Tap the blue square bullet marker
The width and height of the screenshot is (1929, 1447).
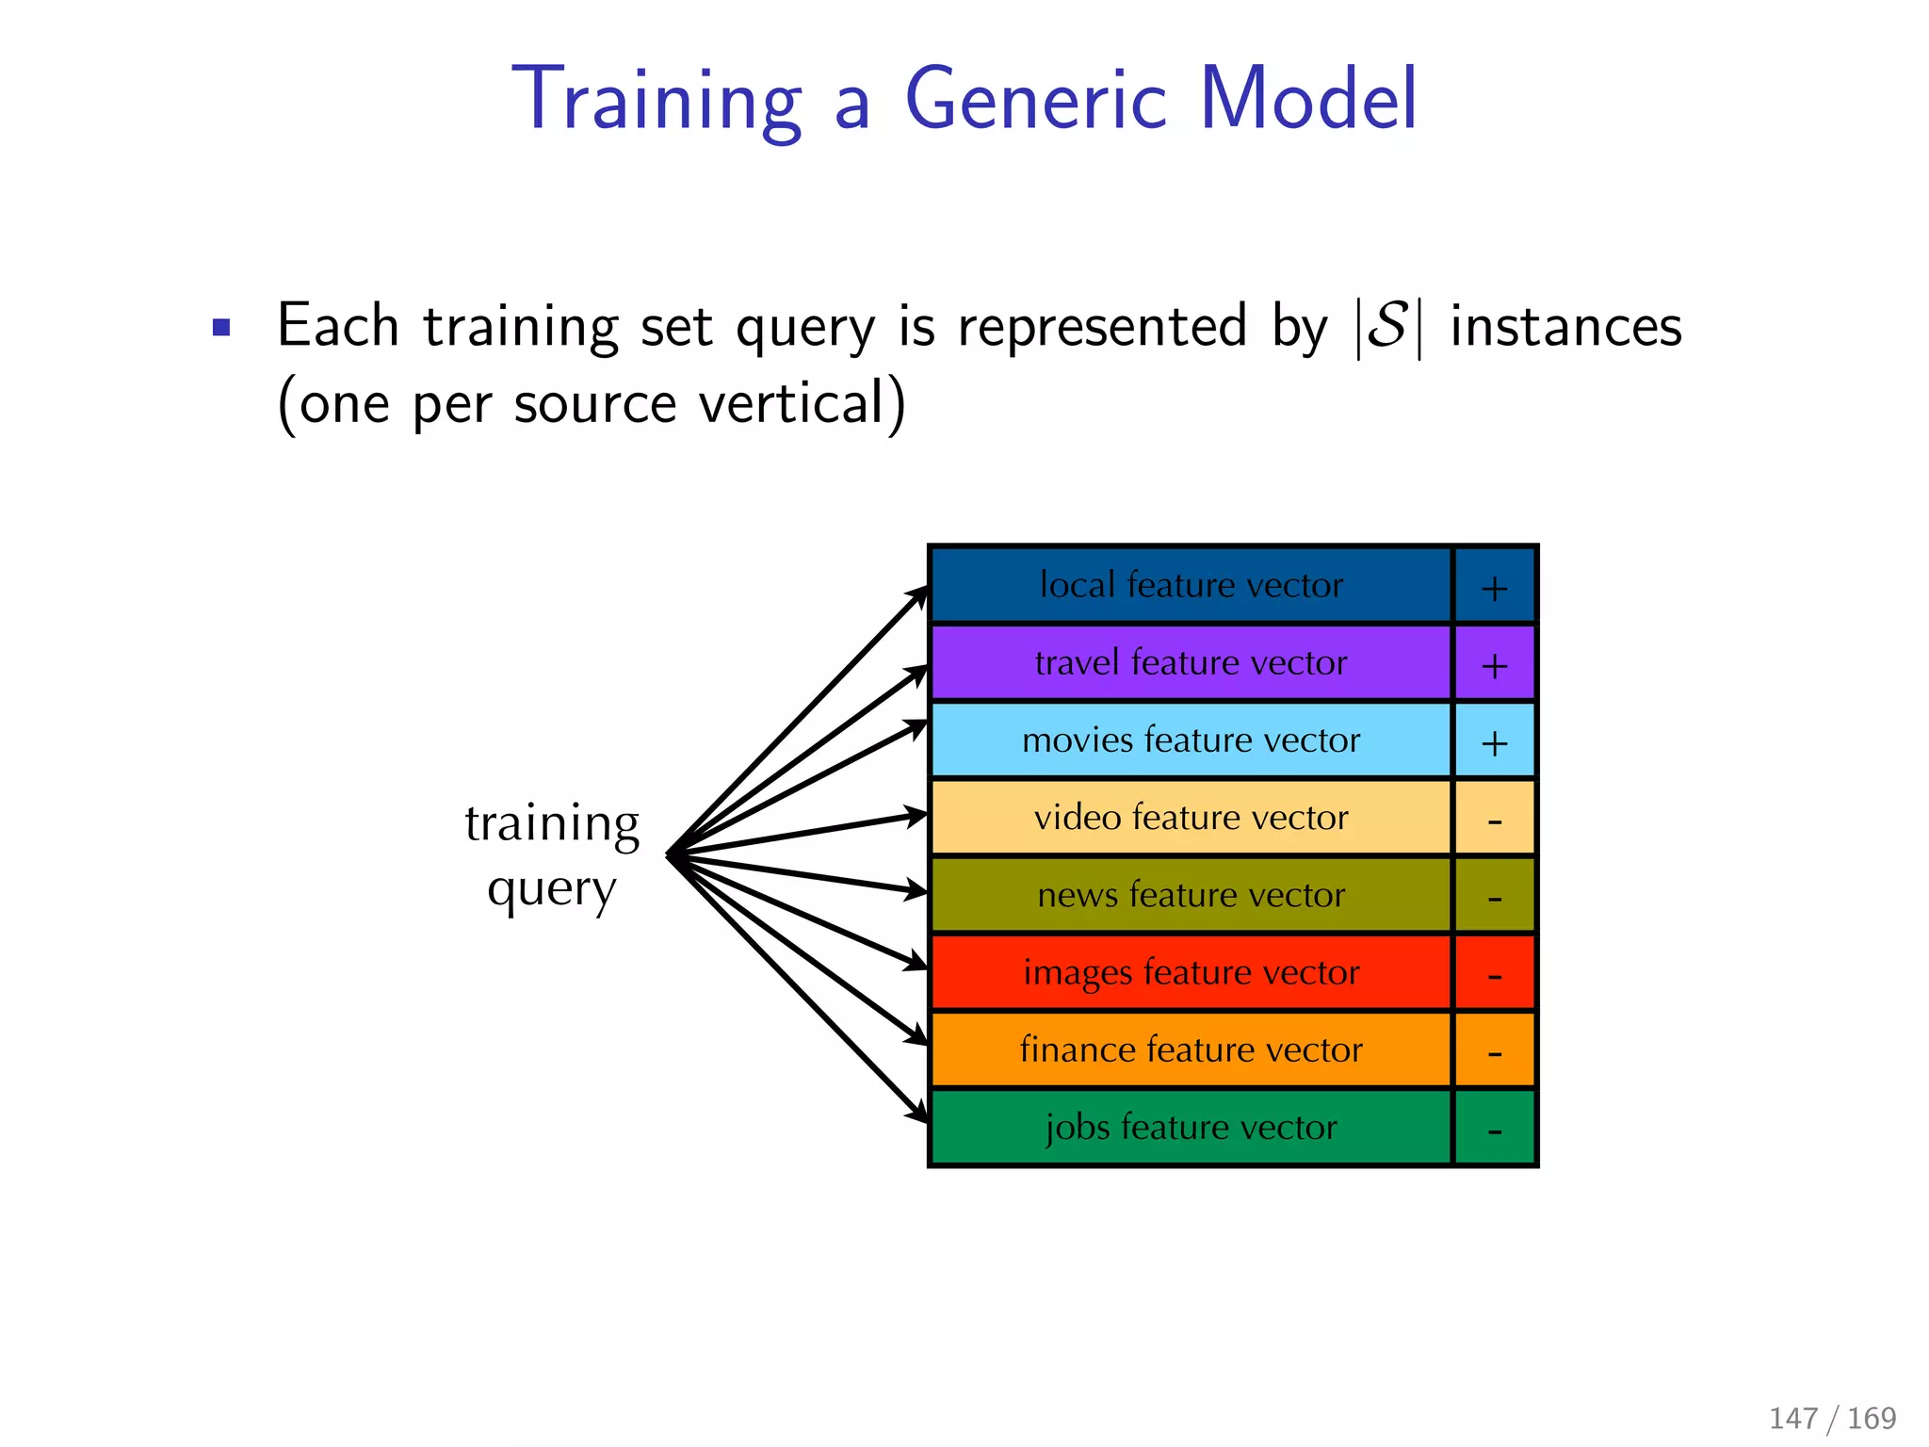pyautogui.click(x=221, y=328)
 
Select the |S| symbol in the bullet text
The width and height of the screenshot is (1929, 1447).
pyautogui.click(x=1388, y=328)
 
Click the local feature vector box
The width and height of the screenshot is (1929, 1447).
pyautogui.click(x=1191, y=585)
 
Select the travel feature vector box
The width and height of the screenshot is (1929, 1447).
pyautogui.click(x=1191, y=663)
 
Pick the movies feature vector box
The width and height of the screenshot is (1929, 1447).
pyautogui.click(x=1191, y=740)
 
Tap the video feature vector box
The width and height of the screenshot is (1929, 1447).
pyautogui.click(x=1191, y=818)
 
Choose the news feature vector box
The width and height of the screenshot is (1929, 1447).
pyautogui.click(x=1191, y=895)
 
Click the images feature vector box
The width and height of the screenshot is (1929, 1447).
pyautogui.click(x=1191, y=972)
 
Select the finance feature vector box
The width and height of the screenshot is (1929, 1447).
pyautogui.click(x=1191, y=1049)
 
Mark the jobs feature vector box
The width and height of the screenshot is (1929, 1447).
pyautogui.click(x=1191, y=1128)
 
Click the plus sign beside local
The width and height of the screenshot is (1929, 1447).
pyautogui.click(x=1495, y=589)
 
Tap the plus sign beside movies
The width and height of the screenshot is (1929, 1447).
pyautogui.click(x=1495, y=743)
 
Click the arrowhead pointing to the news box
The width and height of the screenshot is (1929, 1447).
pyautogui.click(x=916, y=889)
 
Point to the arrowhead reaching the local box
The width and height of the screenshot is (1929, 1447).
pyautogui.click(x=919, y=593)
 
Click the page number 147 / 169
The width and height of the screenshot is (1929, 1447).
pyautogui.click(x=1832, y=1418)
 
